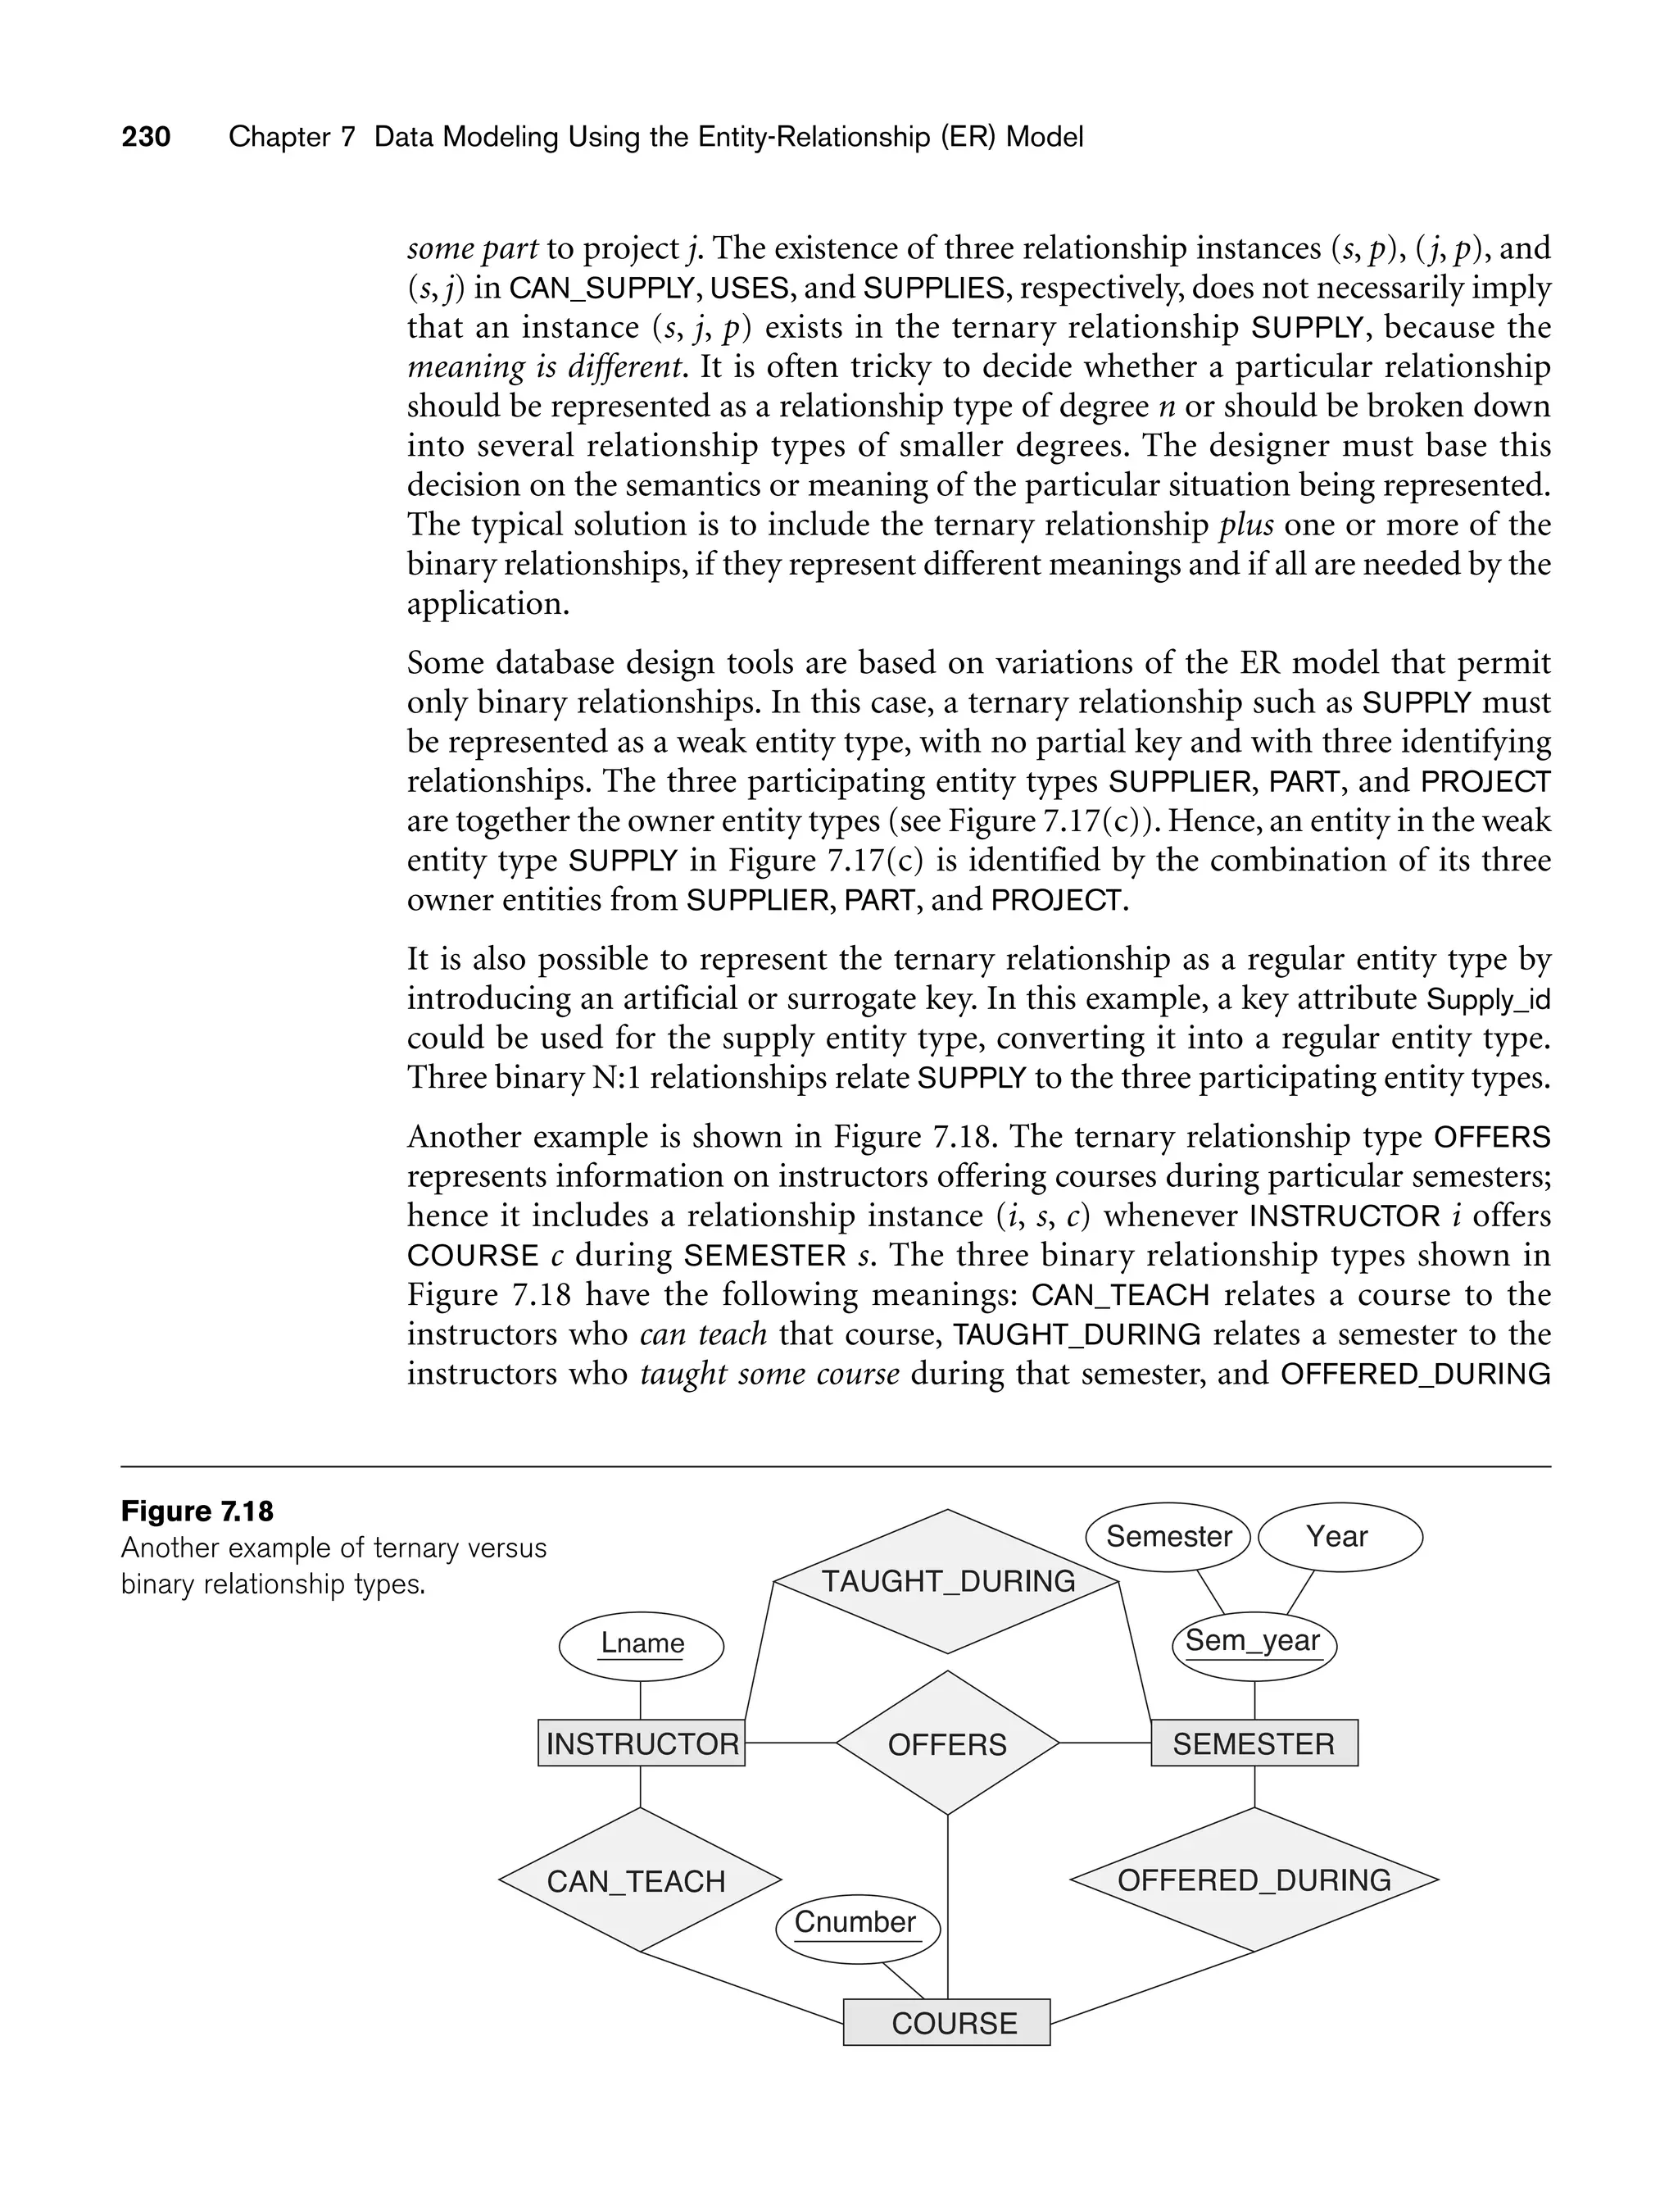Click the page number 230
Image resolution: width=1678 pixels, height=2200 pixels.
pyautogui.click(x=146, y=137)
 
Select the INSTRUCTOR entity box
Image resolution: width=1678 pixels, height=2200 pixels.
pyautogui.click(x=642, y=1743)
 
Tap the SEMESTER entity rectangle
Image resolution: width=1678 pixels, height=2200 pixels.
pyautogui.click(x=1254, y=1743)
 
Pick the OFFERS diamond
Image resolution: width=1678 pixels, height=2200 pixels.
pyautogui.click(x=947, y=1743)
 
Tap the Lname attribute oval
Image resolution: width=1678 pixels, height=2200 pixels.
pyautogui.click(x=642, y=1643)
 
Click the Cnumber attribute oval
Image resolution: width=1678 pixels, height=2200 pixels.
pyautogui.click(x=857, y=1922)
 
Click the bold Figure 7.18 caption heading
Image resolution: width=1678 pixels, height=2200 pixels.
pyautogui.click(x=197, y=1511)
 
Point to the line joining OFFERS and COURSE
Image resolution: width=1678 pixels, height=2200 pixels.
pyautogui.click(x=947, y=1908)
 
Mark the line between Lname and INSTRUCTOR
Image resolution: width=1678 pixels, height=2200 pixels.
pyautogui.click(x=640, y=1701)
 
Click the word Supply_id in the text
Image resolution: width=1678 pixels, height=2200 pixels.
pyautogui.click(x=1488, y=999)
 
